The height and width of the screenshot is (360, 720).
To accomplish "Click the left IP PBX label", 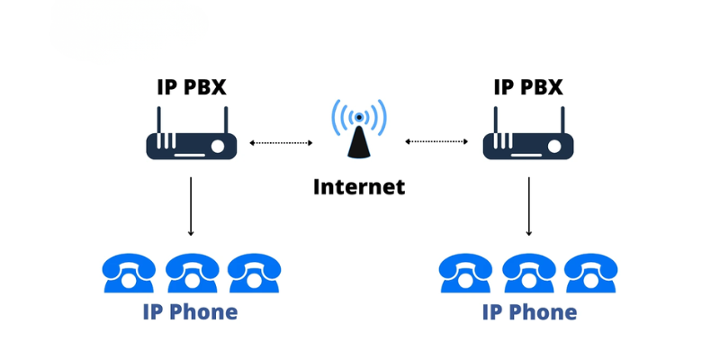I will coord(191,87).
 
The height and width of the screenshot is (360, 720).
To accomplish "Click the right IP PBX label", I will coord(528,87).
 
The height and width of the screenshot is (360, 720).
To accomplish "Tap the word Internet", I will coord(359,187).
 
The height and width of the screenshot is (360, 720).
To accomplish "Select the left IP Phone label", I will coord(191,312).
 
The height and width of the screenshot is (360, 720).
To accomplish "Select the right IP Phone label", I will coord(529,312).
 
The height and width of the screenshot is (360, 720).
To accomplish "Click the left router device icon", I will coord(191,144).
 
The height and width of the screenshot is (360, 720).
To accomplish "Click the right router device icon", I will coord(528,144).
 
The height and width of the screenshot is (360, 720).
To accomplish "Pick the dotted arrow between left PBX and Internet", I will coord(281,142).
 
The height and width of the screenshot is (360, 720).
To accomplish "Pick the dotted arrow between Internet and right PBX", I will coord(436,142).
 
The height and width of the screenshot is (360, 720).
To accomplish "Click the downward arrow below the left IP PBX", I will coord(191,206).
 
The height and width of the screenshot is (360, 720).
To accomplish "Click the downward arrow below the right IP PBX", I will coord(528,206).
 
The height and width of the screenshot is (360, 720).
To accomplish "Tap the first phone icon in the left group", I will coord(129,273).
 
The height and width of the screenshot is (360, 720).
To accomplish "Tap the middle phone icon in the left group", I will coord(192,273).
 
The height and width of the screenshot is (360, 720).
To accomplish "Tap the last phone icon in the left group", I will coord(253,273).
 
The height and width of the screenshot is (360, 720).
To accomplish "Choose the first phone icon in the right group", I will coord(465,273).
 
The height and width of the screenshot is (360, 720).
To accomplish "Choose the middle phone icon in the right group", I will coord(528,273).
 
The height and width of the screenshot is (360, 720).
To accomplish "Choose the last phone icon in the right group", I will coord(589,273).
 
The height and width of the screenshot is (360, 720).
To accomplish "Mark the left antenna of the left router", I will coord(158,120).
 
